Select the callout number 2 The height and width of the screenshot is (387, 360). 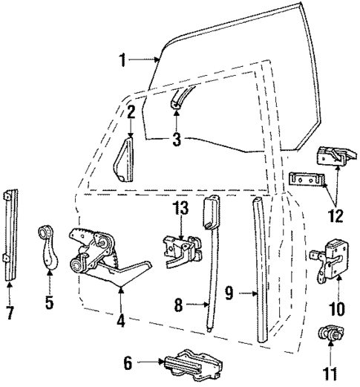click(x=129, y=113)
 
